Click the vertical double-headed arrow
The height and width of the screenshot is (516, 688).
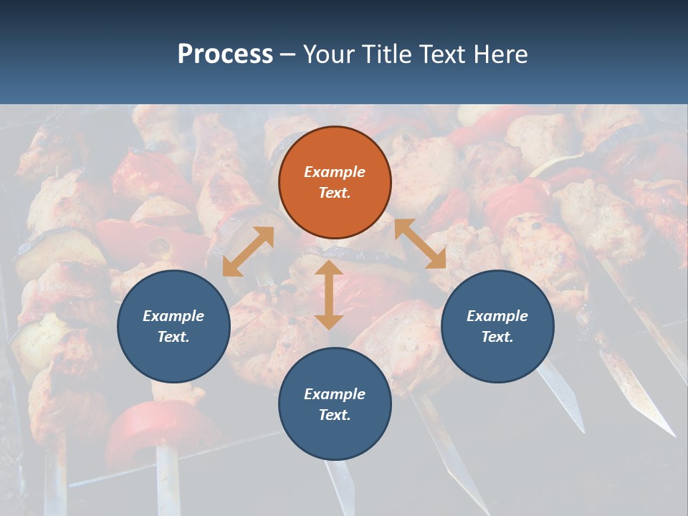[329, 295]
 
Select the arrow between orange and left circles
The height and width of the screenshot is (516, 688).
[248, 252]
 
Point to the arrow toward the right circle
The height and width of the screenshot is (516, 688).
[420, 244]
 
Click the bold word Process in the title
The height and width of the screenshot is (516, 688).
[225, 54]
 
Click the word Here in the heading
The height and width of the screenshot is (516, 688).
[500, 54]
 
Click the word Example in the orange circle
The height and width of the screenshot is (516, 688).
[335, 172]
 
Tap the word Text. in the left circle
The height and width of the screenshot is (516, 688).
[173, 337]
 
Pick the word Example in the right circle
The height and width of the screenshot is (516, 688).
[497, 316]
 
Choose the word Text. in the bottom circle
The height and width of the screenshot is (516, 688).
[335, 415]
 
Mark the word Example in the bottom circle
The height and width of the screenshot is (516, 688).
[335, 394]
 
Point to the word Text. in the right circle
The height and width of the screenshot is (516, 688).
[497, 337]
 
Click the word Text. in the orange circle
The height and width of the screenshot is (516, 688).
[335, 193]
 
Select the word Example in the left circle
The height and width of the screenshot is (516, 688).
[173, 316]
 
